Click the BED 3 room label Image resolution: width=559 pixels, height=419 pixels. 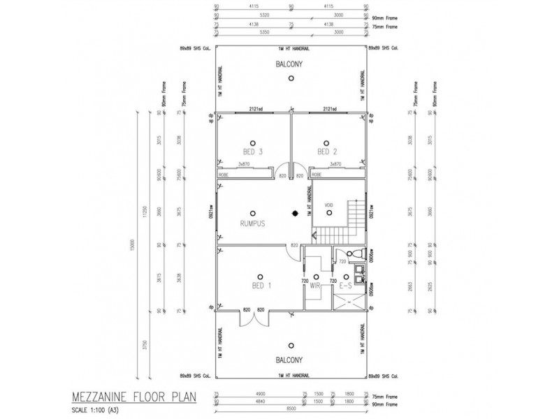point(252,152)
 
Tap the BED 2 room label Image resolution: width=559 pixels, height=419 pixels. point(327,152)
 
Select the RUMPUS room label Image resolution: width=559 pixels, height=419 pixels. point(254,224)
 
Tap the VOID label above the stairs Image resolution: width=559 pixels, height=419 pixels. point(330,205)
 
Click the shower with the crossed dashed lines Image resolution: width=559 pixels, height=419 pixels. point(349,303)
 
